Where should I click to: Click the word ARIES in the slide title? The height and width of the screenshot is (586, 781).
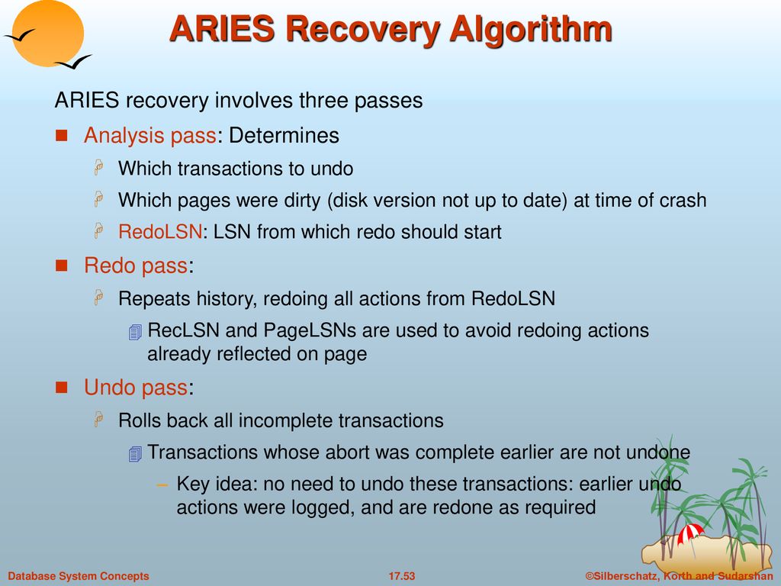coord(222,29)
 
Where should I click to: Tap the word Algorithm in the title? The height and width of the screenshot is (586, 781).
coord(531,31)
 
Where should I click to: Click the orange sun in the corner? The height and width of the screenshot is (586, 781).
coord(48,33)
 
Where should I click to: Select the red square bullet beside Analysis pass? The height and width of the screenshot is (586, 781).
coord(61,136)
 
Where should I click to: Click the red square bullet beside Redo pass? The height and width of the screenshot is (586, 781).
coord(61,266)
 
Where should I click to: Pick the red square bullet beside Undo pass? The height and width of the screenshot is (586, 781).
coord(61,388)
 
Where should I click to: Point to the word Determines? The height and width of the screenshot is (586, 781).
coord(284,136)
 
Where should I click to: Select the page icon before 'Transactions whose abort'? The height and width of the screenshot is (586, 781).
coord(135,454)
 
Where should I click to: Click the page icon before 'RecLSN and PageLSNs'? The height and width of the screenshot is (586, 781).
coord(135,332)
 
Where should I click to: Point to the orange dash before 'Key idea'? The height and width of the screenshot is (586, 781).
coord(162,485)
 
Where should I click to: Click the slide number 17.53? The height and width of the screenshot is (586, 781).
coord(401,576)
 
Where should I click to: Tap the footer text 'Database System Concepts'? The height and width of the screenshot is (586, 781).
coord(79,576)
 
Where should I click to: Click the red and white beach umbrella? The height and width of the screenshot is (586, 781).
coord(689,534)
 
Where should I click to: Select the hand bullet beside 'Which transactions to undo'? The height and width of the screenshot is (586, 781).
coord(98,167)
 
